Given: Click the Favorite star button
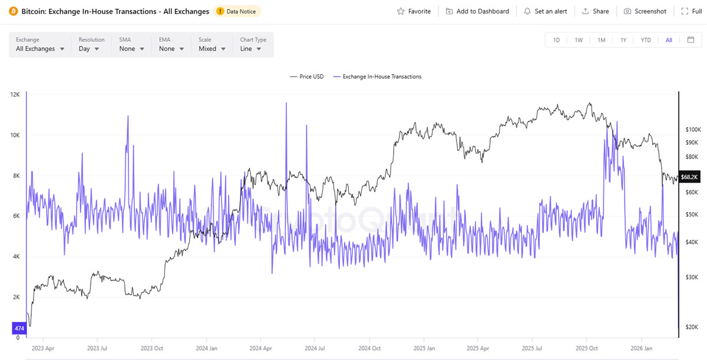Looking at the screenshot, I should tap(414, 11).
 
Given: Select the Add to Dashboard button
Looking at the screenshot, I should tap(477, 11).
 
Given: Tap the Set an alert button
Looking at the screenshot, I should tap(545, 11).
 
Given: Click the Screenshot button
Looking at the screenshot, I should tap(645, 11).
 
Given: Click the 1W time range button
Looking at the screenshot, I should tap(579, 40).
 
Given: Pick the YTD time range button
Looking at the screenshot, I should tap(646, 40).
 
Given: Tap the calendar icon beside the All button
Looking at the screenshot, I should tap(691, 40).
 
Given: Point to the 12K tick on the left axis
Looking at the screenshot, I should tap(15, 94).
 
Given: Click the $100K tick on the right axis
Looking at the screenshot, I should tap(692, 129).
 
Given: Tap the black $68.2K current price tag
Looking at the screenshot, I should tap(689, 177).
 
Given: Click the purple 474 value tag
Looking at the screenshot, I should tap(18, 328).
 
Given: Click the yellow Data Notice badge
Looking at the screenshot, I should tap(238, 11).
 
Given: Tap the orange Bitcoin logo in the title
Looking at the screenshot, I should tap(13, 11).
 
